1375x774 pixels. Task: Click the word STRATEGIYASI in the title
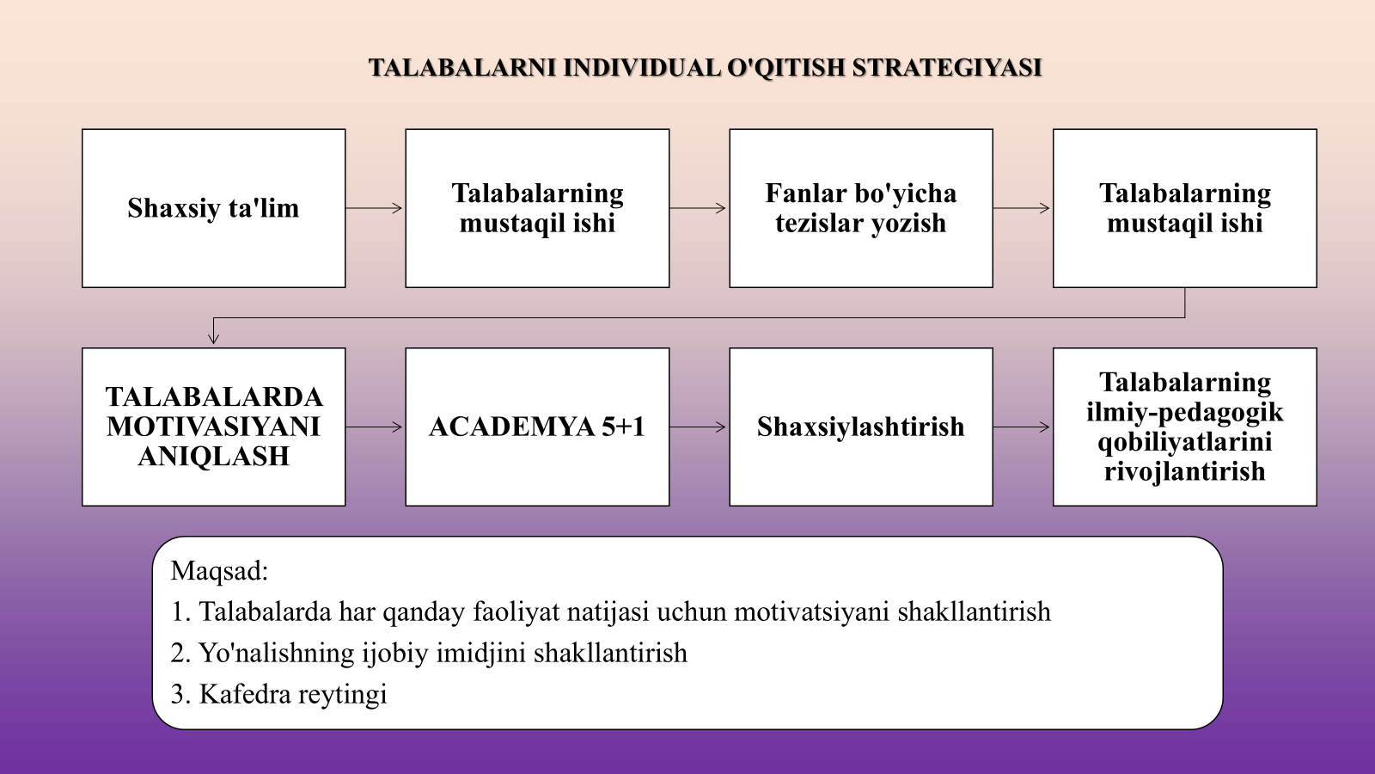[947, 68]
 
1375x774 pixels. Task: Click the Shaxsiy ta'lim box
[214, 208]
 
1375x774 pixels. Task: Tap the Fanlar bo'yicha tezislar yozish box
[861, 208]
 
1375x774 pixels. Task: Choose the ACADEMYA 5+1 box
[537, 427]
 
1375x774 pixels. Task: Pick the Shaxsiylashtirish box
[861, 427]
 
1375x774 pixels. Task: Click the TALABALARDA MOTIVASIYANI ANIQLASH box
[214, 427]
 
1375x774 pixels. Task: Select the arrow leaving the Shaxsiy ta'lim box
[374, 208]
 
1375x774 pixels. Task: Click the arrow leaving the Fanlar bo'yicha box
[1022, 208]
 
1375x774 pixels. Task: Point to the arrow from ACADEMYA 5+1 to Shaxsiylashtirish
[698, 427]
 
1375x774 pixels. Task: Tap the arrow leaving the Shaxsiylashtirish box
[1022, 427]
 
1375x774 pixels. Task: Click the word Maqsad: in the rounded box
[219, 571]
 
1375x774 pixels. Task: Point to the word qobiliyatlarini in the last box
[1185, 442]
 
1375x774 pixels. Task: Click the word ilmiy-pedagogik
[1185, 413]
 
